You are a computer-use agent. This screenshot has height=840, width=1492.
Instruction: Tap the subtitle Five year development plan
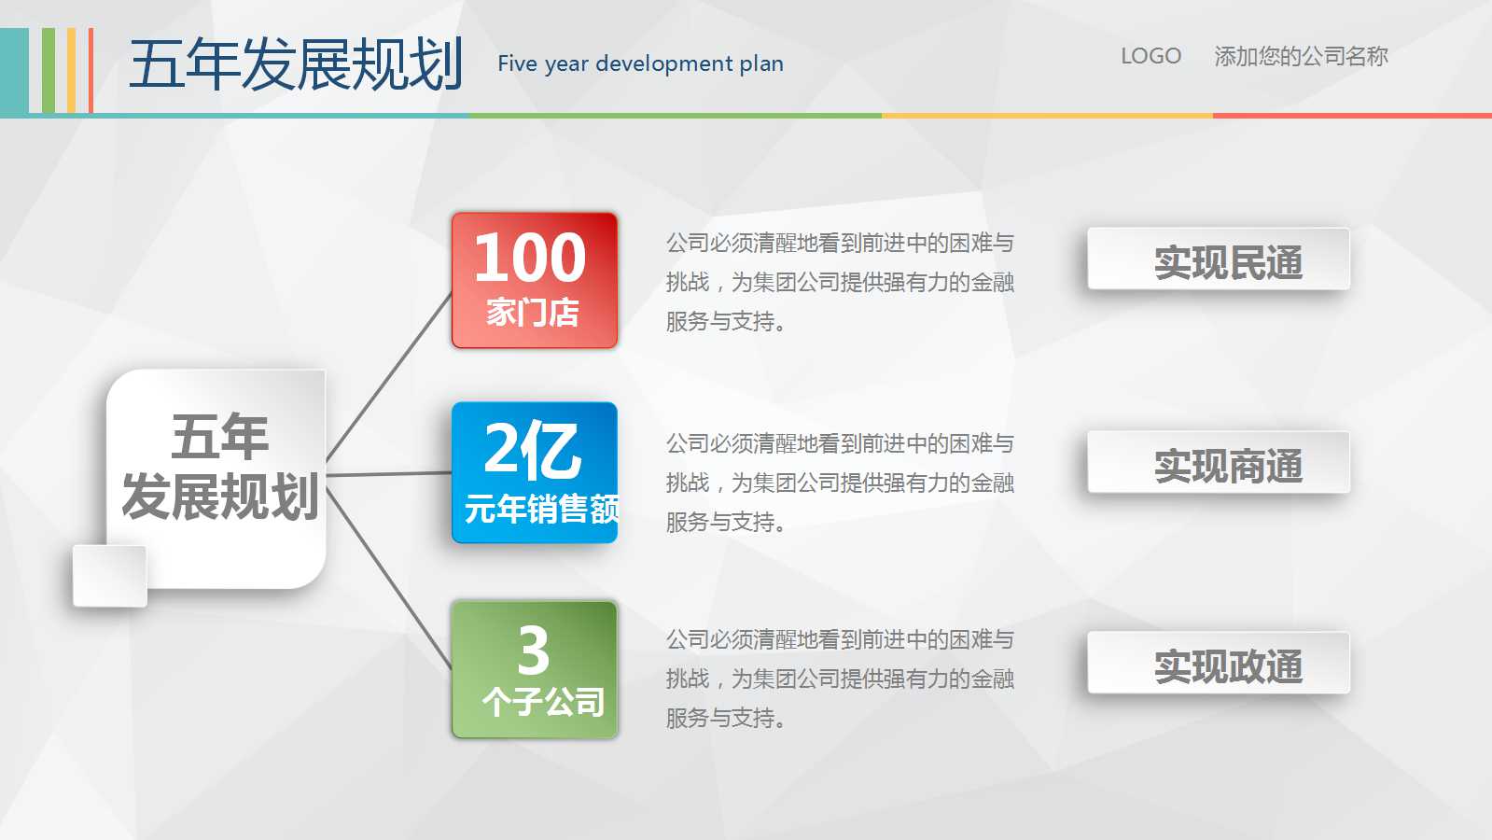[640, 63]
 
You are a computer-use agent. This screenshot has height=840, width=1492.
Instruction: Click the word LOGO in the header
[1150, 56]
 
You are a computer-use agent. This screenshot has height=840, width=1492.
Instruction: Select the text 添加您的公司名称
[1301, 56]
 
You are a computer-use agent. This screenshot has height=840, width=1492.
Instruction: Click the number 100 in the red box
[530, 258]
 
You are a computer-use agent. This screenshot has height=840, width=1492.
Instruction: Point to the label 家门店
[533, 313]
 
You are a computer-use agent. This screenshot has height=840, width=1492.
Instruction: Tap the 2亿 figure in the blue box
[533, 450]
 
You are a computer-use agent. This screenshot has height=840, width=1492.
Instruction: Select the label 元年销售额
[541, 509]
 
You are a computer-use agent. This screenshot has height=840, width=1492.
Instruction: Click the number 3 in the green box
[534, 650]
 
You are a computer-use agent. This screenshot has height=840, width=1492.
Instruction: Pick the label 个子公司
[543, 702]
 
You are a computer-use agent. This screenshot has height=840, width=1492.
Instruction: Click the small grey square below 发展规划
[110, 576]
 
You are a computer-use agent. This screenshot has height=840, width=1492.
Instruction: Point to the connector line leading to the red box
[389, 377]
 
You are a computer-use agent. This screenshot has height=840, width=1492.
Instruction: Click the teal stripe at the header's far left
[14, 71]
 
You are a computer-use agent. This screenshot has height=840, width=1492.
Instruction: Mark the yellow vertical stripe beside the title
[72, 71]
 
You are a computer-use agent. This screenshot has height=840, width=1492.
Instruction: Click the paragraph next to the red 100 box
[839, 282]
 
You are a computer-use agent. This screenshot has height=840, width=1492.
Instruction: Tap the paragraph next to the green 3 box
[839, 679]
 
